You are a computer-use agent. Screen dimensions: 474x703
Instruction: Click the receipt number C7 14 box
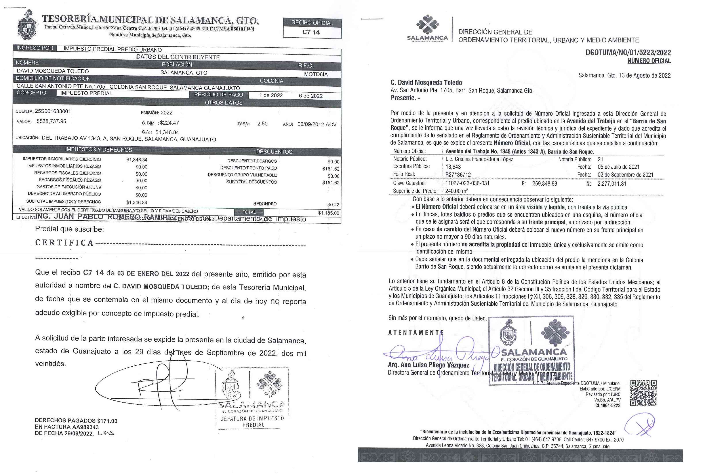click(x=311, y=32)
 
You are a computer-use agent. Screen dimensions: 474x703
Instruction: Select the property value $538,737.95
click(x=51, y=121)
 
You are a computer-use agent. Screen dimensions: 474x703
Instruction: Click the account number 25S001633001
click(x=53, y=111)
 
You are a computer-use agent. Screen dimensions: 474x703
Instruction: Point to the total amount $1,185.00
click(x=329, y=213)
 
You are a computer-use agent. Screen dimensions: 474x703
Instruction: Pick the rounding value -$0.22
click(x=332, y=205)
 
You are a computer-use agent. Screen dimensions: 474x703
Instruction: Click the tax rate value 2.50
click(x=262, y=124)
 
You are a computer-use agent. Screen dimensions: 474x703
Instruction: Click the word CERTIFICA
click(x=64, y=243)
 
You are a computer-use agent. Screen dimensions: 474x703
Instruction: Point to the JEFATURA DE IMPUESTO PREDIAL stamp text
click(x=253, y=421)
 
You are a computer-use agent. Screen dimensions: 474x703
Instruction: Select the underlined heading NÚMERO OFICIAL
click(x=649, y=61)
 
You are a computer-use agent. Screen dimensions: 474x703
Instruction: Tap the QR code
click(x=643, y=393)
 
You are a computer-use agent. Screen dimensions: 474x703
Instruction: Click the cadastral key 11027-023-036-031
click(x=467, y=183)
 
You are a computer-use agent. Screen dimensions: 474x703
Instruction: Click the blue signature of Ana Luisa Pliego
click(x=438, y=352)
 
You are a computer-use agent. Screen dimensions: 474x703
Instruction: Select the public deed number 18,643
click(x=453, y=167)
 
